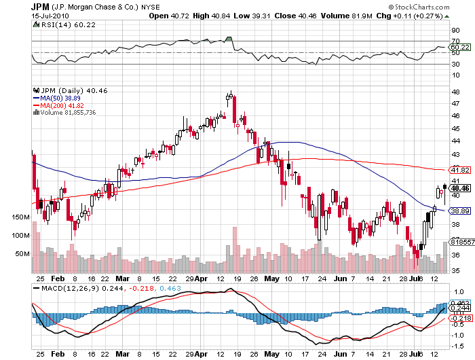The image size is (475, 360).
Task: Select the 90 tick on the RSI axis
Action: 455,31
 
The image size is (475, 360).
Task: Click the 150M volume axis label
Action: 22,217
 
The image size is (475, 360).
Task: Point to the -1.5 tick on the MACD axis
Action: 457,344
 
